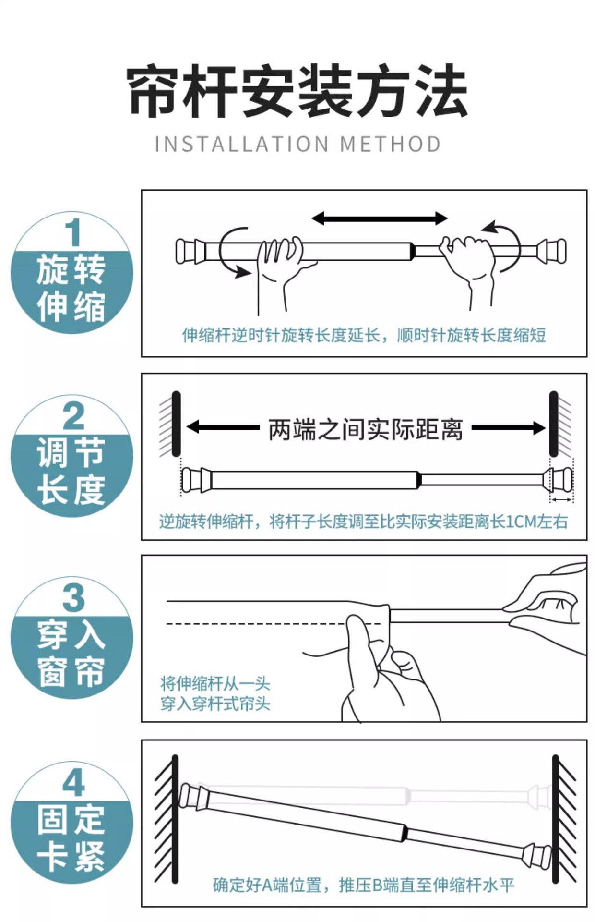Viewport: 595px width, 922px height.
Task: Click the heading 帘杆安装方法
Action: point(297,91)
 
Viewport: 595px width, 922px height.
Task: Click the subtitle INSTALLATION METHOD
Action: point(298,144)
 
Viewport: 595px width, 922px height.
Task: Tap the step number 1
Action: point(72,232)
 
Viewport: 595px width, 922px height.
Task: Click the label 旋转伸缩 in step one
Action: point(71,288)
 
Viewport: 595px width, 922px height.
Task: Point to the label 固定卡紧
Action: point(71,838)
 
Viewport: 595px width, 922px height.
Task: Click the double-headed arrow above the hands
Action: point(380,218)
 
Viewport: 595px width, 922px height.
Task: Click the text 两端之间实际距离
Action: point(366,429)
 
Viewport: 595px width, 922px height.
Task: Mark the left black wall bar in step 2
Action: point(176,424)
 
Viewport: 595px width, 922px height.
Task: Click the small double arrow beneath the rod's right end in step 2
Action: point(561,500)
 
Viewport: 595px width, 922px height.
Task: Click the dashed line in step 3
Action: point(274,624)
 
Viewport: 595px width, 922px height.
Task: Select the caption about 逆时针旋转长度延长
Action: point(364,335)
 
